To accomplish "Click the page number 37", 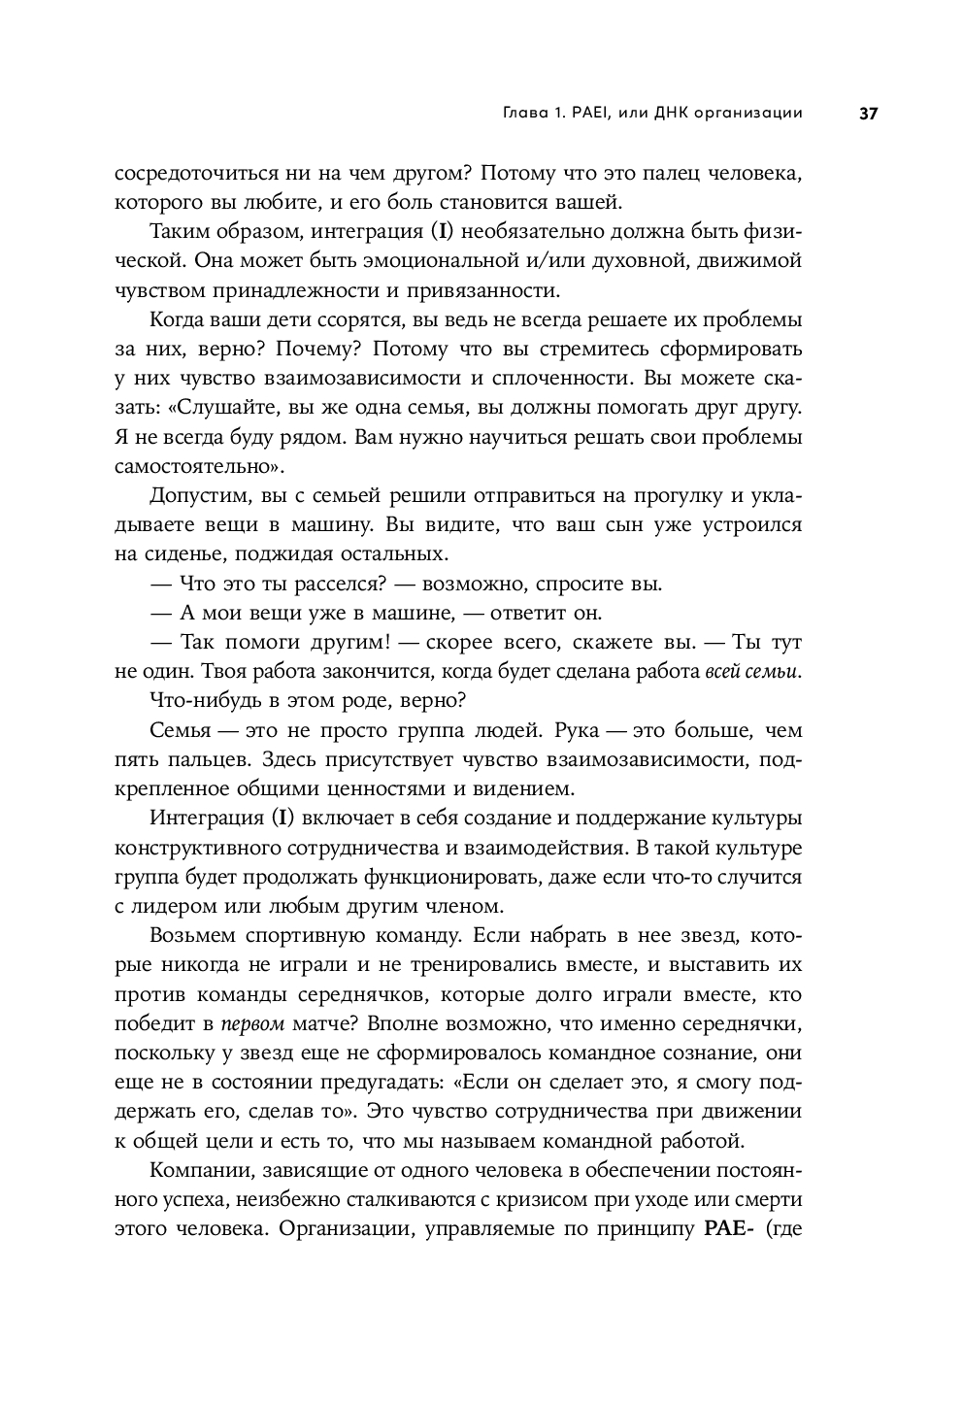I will (x=868, y=114).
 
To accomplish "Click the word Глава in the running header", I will (x=525, y=114).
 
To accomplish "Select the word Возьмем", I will (x=194, y=936).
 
